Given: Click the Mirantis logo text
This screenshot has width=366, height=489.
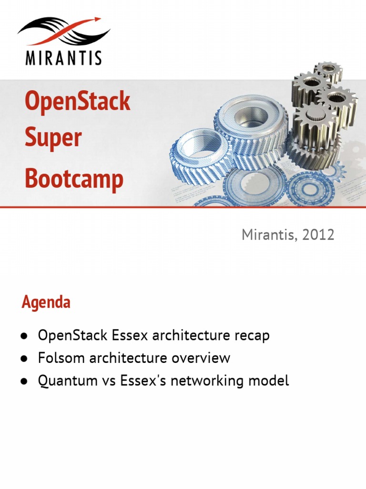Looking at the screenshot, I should click(63, 57).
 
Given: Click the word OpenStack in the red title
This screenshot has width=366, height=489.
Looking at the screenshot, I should click(77, 102).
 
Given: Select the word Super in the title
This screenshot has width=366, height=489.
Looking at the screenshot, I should click(53, 138).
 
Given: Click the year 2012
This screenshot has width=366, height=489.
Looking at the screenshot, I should click(318, 234).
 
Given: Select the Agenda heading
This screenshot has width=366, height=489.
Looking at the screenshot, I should click(46, 302).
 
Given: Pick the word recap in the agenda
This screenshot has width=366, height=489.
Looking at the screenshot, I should click(251, 335).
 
